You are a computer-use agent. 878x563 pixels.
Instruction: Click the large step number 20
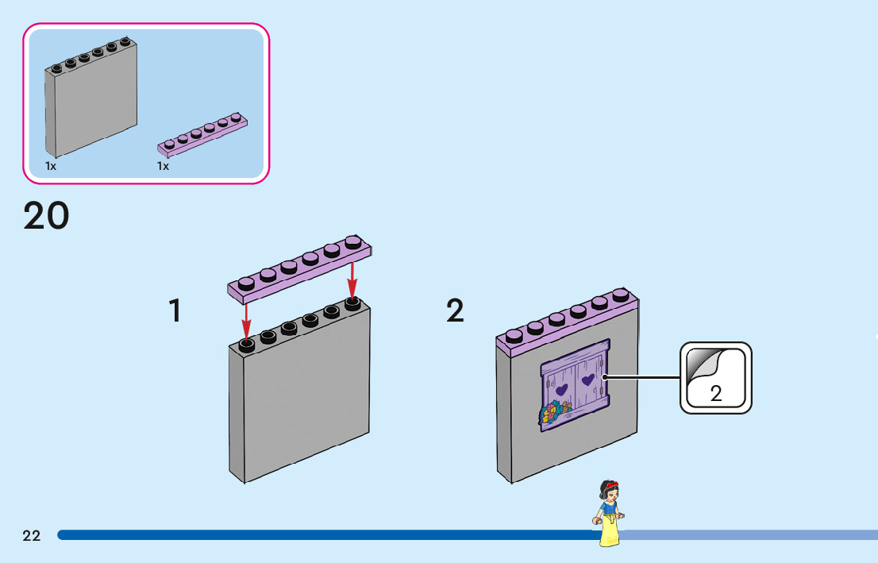(47, 216)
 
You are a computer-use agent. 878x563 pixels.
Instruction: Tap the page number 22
(32, 536)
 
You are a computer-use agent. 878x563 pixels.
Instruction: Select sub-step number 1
(175, 311)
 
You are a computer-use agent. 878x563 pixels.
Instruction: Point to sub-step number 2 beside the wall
(455, 311)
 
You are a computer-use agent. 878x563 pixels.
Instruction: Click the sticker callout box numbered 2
(715, 378)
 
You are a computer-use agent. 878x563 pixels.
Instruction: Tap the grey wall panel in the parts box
(91, 98)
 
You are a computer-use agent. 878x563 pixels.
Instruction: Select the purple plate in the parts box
(202, 134)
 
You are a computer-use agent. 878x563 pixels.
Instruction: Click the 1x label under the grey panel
(51, 167)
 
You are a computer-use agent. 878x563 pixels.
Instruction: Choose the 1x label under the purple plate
(163, 167)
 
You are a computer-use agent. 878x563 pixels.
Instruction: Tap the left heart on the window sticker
(561, 389)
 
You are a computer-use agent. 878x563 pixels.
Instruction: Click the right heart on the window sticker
(587, 380)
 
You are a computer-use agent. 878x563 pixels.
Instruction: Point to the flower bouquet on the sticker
(554, 413)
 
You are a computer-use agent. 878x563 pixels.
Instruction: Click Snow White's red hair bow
(612, 484)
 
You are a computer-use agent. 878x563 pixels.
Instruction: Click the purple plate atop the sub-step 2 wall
(568, 322)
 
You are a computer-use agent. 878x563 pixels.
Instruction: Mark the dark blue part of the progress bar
(328, 535)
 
